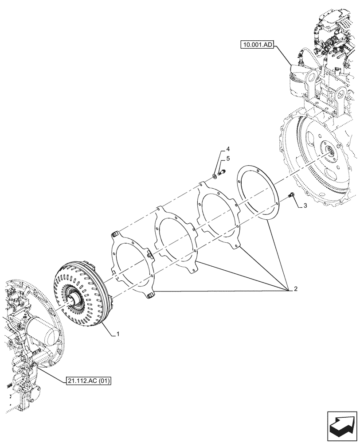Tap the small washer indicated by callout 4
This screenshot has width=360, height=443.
point(215,177)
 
